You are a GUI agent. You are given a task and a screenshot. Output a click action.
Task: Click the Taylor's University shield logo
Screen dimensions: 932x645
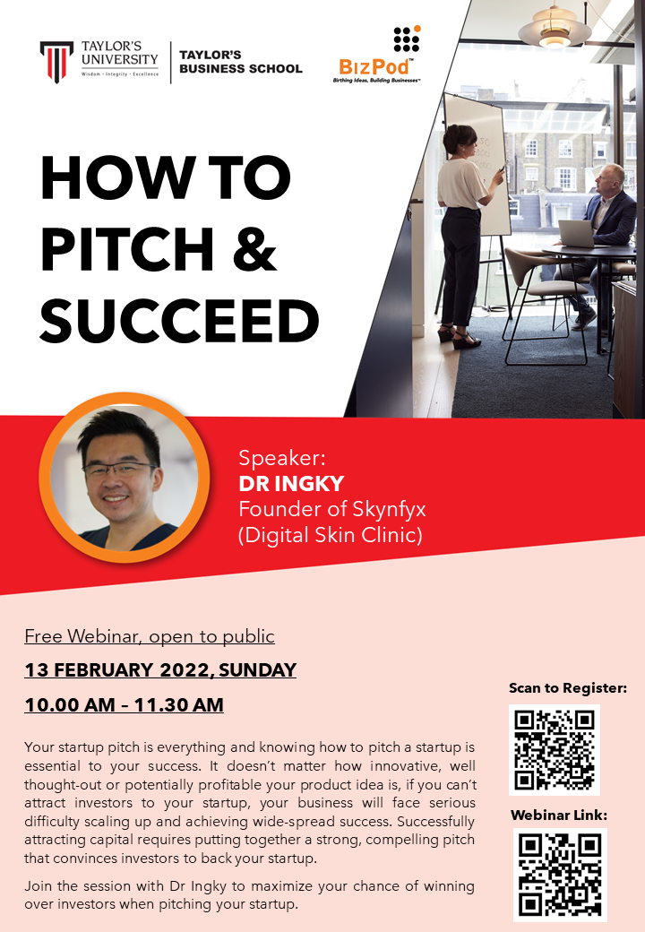[56, 61]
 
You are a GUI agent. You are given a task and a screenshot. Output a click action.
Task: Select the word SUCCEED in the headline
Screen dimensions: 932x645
[179, 320]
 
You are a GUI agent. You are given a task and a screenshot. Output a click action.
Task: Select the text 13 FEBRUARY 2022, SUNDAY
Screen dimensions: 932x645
[160, 670]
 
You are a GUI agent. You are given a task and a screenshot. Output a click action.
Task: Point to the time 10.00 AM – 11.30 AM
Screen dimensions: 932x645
[124, 705]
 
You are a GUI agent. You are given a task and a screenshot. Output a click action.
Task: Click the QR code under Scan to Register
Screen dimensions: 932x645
[555, 749]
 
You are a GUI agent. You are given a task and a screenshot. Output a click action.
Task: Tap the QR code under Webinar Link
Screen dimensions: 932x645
[560, 874]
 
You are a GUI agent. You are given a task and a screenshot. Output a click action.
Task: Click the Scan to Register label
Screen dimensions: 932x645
[568, 688]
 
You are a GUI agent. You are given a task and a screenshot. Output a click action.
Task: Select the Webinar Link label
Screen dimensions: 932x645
[559, 815]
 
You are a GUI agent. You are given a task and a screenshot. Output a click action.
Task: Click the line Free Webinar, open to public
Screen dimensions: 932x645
[150, 637]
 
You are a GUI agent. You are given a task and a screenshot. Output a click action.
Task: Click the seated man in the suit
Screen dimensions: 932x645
[608, 220]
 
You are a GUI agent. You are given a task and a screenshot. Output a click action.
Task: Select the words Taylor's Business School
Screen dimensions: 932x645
[240, 61]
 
